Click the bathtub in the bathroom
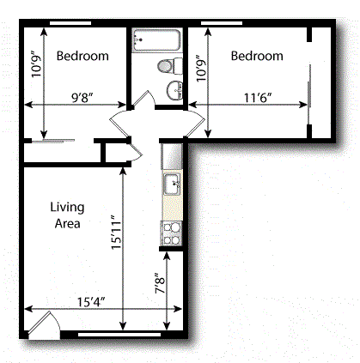pyautogui.click(x=156, y=39)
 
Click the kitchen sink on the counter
pyautogui.click(x=170, y=183)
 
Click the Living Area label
pyautogui.click(x=64, y=215)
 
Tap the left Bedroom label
pyautogui.click(x=82, y=57)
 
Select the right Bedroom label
pyautogui.click(x=257, y=57)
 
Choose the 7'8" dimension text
pyautogui.click(x=157, y=283)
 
